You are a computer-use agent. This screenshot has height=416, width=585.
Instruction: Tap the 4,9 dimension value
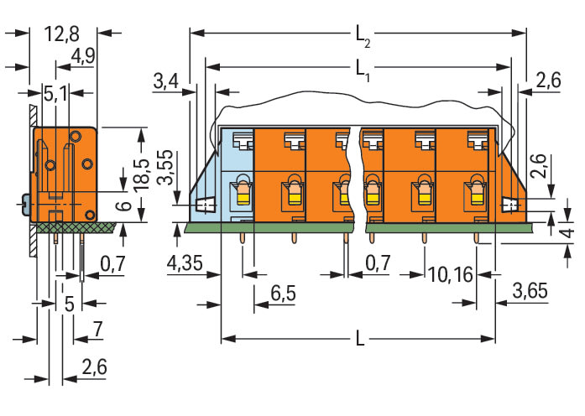coord(83,55)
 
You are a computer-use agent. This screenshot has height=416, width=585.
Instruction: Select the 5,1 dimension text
coord(56,93)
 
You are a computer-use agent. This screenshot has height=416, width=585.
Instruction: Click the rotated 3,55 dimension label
coord(167,169)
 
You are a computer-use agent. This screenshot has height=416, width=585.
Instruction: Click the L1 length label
coord(362,68)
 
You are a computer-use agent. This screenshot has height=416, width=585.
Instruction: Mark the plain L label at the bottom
coord(359,340)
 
